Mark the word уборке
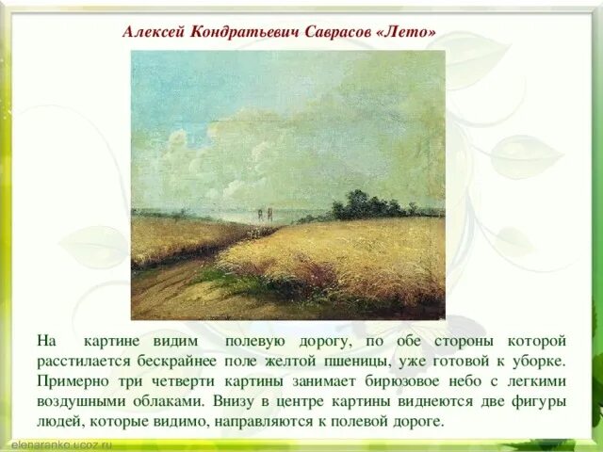540,360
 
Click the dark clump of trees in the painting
363,204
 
